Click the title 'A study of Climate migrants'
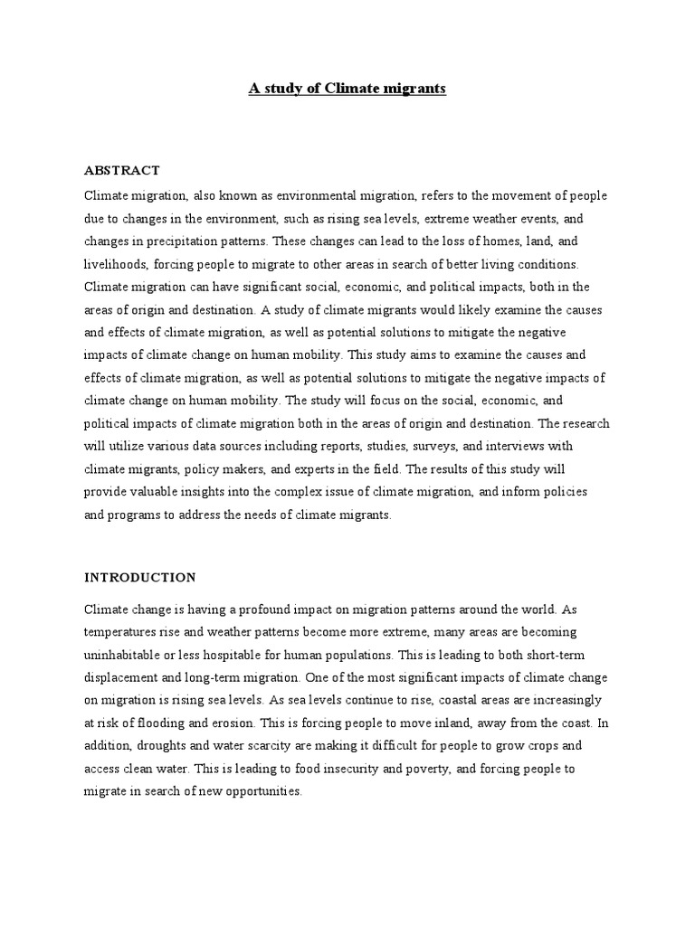pos(347,90)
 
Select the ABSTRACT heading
pos(121,170)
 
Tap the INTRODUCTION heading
pos(139,576)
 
